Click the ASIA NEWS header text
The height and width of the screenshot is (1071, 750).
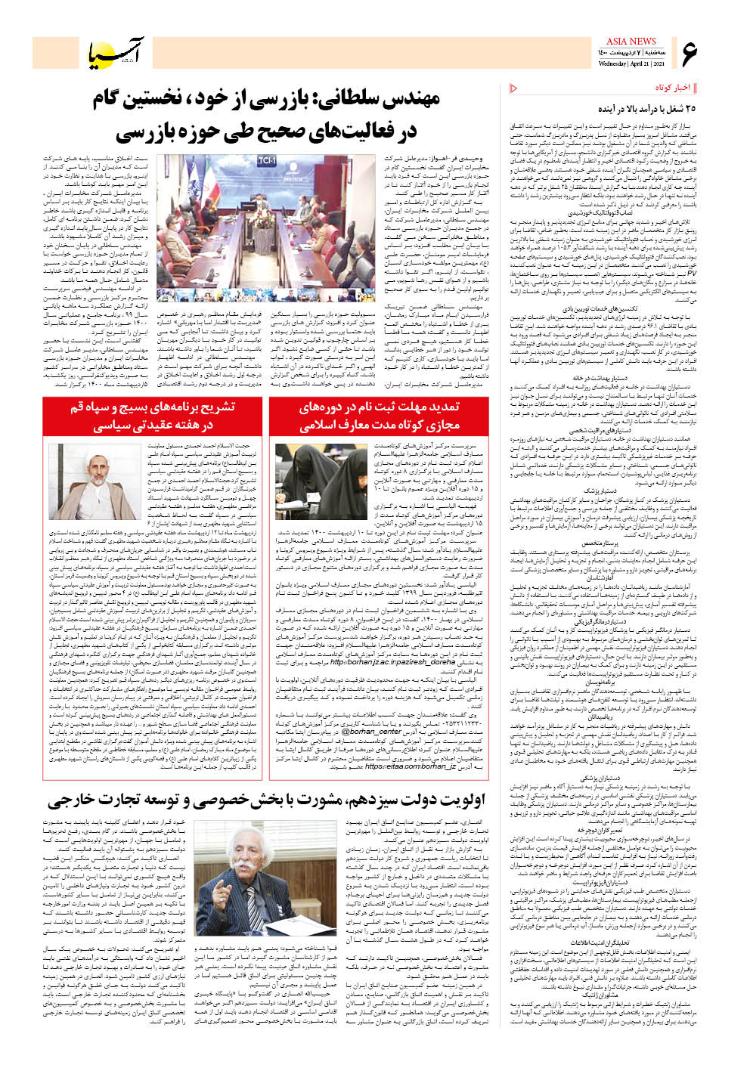point(631,41)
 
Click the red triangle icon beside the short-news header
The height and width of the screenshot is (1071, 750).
point(514,88)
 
